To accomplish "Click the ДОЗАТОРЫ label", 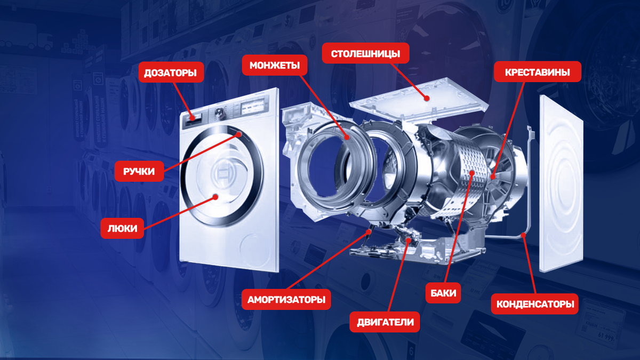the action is pyautogui.click(x=171, y=73).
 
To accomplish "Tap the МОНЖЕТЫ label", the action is pyautogui.click(x=275, y=66).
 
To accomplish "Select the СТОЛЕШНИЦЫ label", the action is pyautogui.click(x=365, y=53).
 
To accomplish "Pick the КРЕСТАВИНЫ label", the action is pyautogui.click(x=538, y=71).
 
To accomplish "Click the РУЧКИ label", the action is pyautogui.click(x=139, y=171).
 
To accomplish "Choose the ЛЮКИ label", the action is pyautogui.click(x=122, y=228).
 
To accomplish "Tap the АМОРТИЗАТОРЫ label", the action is pyautogui.click(x=286, y=299).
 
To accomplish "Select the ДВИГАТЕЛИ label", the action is pyautogui.click(x=385, y=322).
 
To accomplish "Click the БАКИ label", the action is pyautogui.click(x=443, y=293).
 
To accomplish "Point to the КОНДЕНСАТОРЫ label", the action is pyautogui.click(x=535, y=303).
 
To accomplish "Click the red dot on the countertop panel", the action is pyautogui.click(x=427, y=98).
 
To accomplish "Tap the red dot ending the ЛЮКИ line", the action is pyautogui.click(x=215, y=197).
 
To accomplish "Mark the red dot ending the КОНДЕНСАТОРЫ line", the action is pyautogui.click(x=523, y=235).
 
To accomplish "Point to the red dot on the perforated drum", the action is pyautogui.click(x=471, y=173).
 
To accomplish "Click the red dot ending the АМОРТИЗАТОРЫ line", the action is pyautogui.click(x=369, y=232).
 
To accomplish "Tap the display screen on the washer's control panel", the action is pyautogui.click(x=253, y=107).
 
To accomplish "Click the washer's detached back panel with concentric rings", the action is pyautogui.click(x=561, y=184).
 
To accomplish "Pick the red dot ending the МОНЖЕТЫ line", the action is pyautogui.click(x=347, y=138).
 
